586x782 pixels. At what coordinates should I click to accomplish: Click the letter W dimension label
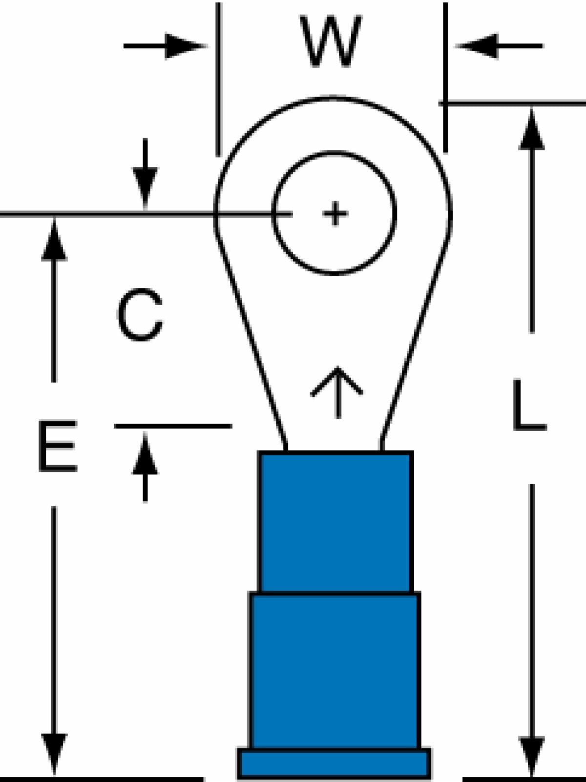[331, 41]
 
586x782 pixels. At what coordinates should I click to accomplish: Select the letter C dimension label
[140, 314]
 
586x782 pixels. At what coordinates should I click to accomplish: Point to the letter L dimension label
[530, 405]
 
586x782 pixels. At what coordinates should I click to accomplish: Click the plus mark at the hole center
[335, 214]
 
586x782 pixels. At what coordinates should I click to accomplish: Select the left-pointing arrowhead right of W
[476, 46]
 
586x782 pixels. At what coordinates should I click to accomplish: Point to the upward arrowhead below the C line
[145, 453]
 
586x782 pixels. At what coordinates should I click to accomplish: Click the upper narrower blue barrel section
[335, 522]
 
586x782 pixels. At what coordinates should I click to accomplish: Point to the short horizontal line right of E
[173, 426]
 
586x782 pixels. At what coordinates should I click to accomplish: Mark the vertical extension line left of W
[218, 80]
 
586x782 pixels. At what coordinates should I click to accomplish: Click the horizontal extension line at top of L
[512, 103]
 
